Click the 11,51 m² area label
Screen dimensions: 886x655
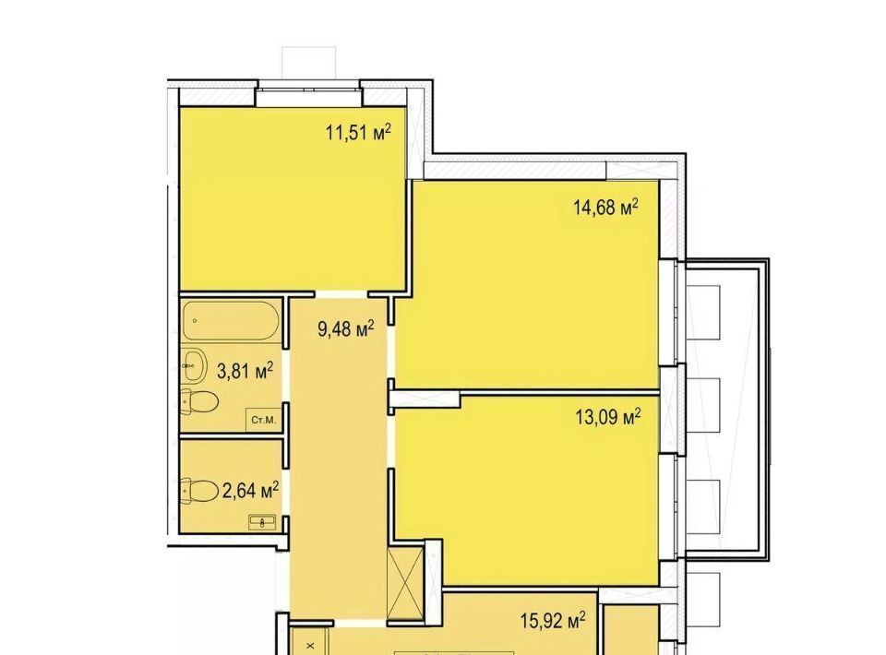358,133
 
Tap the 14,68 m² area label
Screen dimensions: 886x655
605,208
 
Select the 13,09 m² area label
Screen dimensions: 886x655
608,418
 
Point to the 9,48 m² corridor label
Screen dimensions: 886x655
346,328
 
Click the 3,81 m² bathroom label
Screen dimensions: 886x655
245,371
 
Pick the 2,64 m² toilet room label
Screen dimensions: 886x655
250,490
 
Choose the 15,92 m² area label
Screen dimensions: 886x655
553,621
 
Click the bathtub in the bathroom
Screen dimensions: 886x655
231,320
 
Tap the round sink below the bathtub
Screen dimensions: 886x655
195,364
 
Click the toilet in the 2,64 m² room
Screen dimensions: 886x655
199,491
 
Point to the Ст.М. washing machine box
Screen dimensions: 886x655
264,420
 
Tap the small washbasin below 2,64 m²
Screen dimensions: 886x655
262,523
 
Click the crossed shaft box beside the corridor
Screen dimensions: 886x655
406,583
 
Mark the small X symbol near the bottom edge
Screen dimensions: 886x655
310,646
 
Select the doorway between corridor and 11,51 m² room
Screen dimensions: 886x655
341,294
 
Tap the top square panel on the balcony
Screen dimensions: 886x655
703,312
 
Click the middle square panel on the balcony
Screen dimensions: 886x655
703,405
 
